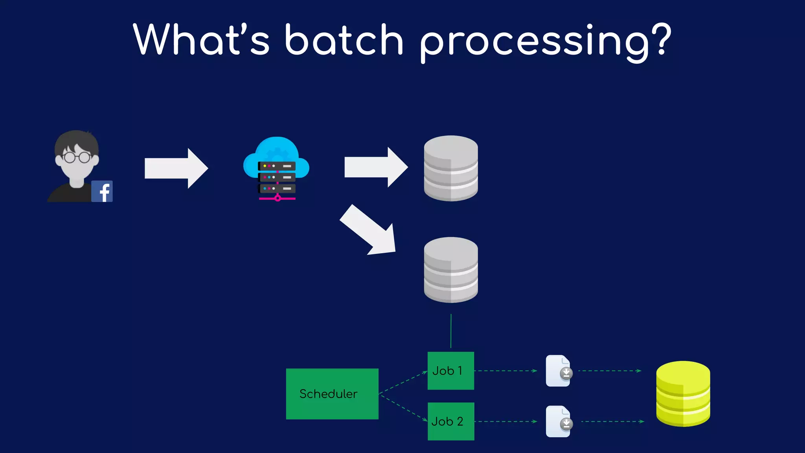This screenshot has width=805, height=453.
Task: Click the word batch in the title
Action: point(344,40)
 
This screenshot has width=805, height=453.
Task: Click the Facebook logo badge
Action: point(102,192)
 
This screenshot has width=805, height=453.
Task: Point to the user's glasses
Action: point(77,157)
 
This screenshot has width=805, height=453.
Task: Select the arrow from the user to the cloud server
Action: point(176,168)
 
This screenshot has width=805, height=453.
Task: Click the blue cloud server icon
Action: point(276,168)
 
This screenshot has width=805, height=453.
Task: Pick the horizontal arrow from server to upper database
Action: point(375,168)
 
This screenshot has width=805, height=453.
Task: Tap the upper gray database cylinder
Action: point(451,168)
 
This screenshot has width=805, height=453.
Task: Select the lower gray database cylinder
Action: point(451,270)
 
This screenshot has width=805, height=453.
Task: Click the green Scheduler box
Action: point(332,394)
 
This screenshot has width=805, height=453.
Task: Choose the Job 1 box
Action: point(450,371)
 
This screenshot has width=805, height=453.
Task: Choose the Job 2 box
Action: point(450,421)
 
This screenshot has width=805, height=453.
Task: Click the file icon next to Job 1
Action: point(559,371)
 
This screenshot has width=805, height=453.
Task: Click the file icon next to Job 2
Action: point(559,422)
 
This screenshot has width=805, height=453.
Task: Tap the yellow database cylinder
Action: point(683,394)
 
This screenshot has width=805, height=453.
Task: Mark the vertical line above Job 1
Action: point(451,331)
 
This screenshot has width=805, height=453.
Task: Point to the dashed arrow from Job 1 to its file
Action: point(505,371)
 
